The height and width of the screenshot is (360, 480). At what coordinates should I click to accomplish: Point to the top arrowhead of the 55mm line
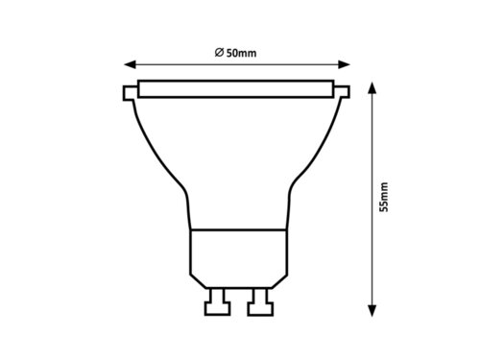[372, 89]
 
